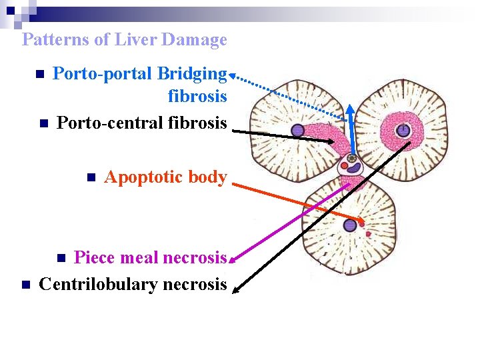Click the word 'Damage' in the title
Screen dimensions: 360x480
point(198,39)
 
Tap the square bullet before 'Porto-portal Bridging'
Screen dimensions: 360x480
point(40,73)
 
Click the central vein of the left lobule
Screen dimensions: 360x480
point(298,131)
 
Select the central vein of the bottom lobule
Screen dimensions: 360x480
point(350,226)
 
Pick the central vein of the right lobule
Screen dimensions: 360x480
point(403,131)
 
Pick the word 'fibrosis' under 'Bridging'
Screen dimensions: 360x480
point(197,96)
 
